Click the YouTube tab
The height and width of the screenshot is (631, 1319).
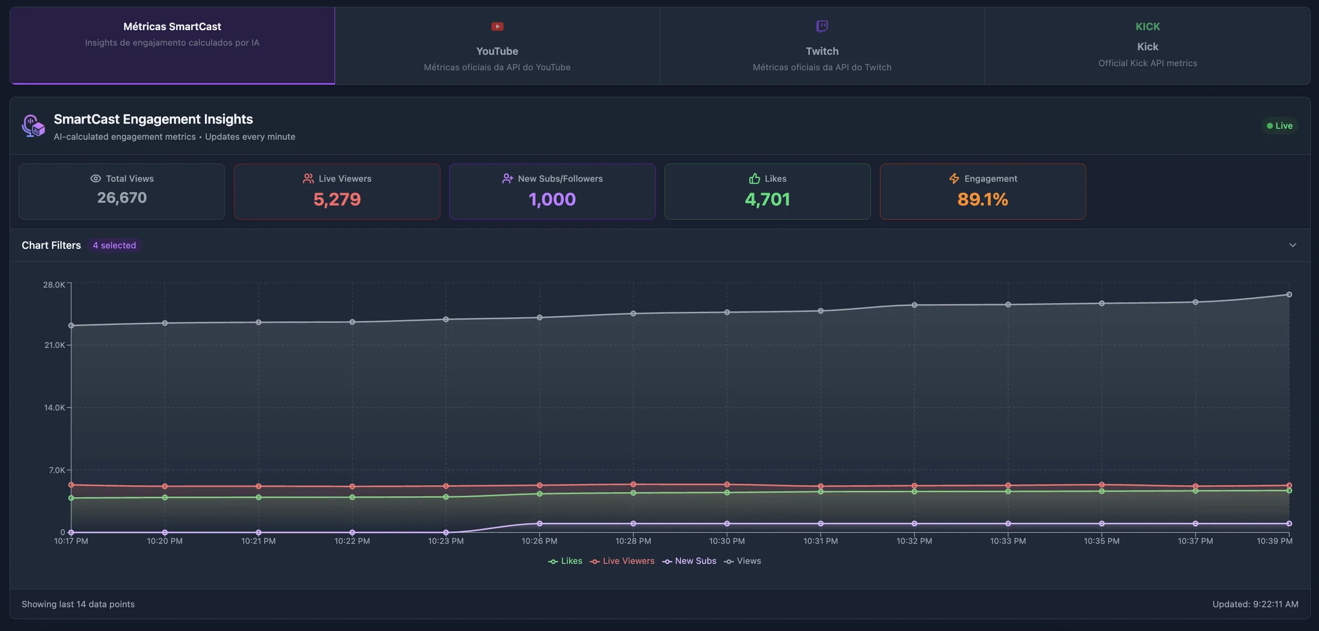497,46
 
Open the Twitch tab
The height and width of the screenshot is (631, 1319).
822,46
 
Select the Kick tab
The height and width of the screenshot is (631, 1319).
1147,46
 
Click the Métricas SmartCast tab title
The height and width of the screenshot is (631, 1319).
172,26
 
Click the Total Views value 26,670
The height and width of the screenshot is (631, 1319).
122,198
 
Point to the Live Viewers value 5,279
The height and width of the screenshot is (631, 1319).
337,199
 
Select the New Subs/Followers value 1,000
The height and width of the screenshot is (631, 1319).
552,199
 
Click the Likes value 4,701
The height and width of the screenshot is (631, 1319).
767,199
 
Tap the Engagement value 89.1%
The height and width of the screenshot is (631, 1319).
982,199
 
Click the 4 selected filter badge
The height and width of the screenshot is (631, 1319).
114,245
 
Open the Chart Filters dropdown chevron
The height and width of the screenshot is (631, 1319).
1293,245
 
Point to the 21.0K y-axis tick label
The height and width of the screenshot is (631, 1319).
54,345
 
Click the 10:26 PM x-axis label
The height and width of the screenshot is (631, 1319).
539,541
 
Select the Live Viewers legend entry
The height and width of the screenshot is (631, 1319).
622,561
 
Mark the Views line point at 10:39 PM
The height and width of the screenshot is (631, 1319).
1289,294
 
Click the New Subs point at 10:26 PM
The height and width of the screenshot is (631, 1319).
539,523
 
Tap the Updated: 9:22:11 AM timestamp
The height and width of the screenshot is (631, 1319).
1255,605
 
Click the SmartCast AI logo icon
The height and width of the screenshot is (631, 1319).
33,126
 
